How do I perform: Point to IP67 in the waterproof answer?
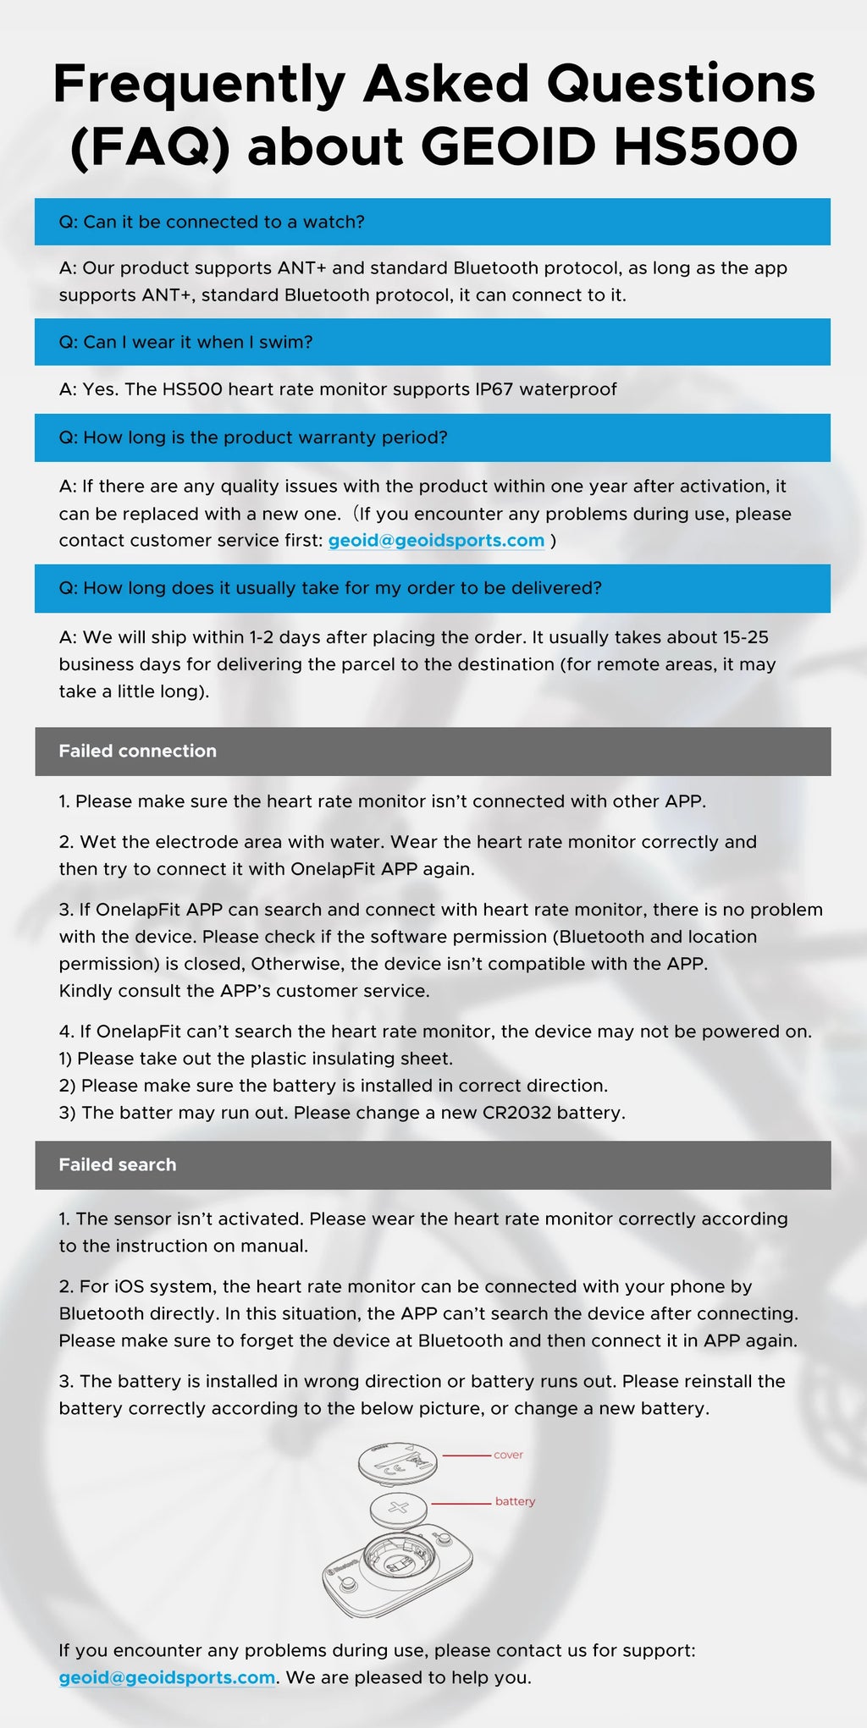tap(494, 389)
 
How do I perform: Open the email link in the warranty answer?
tap(436, 541)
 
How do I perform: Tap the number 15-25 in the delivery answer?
tap(745, 637)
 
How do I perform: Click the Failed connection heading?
tap(137, 751)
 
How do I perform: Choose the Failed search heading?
tap(118, 1164)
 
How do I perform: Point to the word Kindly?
tap(86, 991)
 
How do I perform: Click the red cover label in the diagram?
tap(508, 1455)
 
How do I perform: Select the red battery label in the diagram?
tap(515, 1501)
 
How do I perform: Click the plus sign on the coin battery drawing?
tap(398, 1506)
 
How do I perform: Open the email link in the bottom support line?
tap(167, 1677)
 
